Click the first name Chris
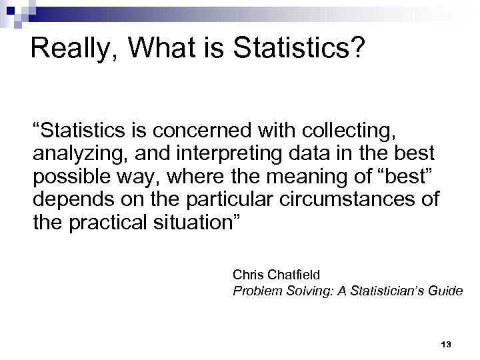tap(248, 274)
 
